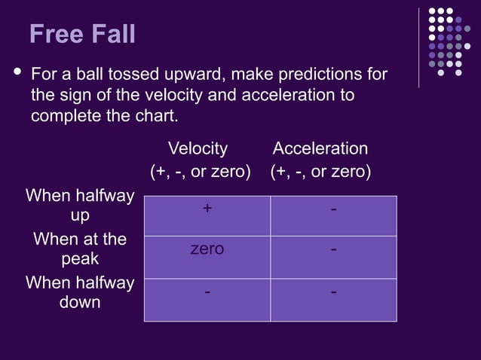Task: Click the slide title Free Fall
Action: tap(82, 34)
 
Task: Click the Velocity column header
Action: tap(198, 148)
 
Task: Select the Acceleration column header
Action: tap(320, 148)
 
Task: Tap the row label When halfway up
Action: tap(80, 206)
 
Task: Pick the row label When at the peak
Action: tap(80, 249)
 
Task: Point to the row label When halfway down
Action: tap(80, 292)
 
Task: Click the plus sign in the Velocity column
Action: tap(207, 209)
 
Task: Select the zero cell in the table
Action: tap(207, 249)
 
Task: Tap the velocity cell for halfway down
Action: tap(207, 291)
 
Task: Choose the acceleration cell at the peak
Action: tap(333, 249)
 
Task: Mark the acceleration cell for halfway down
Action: tap(333, 291)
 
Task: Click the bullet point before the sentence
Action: tap(14, 74)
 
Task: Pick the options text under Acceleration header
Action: tap(320, 172)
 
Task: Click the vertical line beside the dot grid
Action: tap(419, 47)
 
